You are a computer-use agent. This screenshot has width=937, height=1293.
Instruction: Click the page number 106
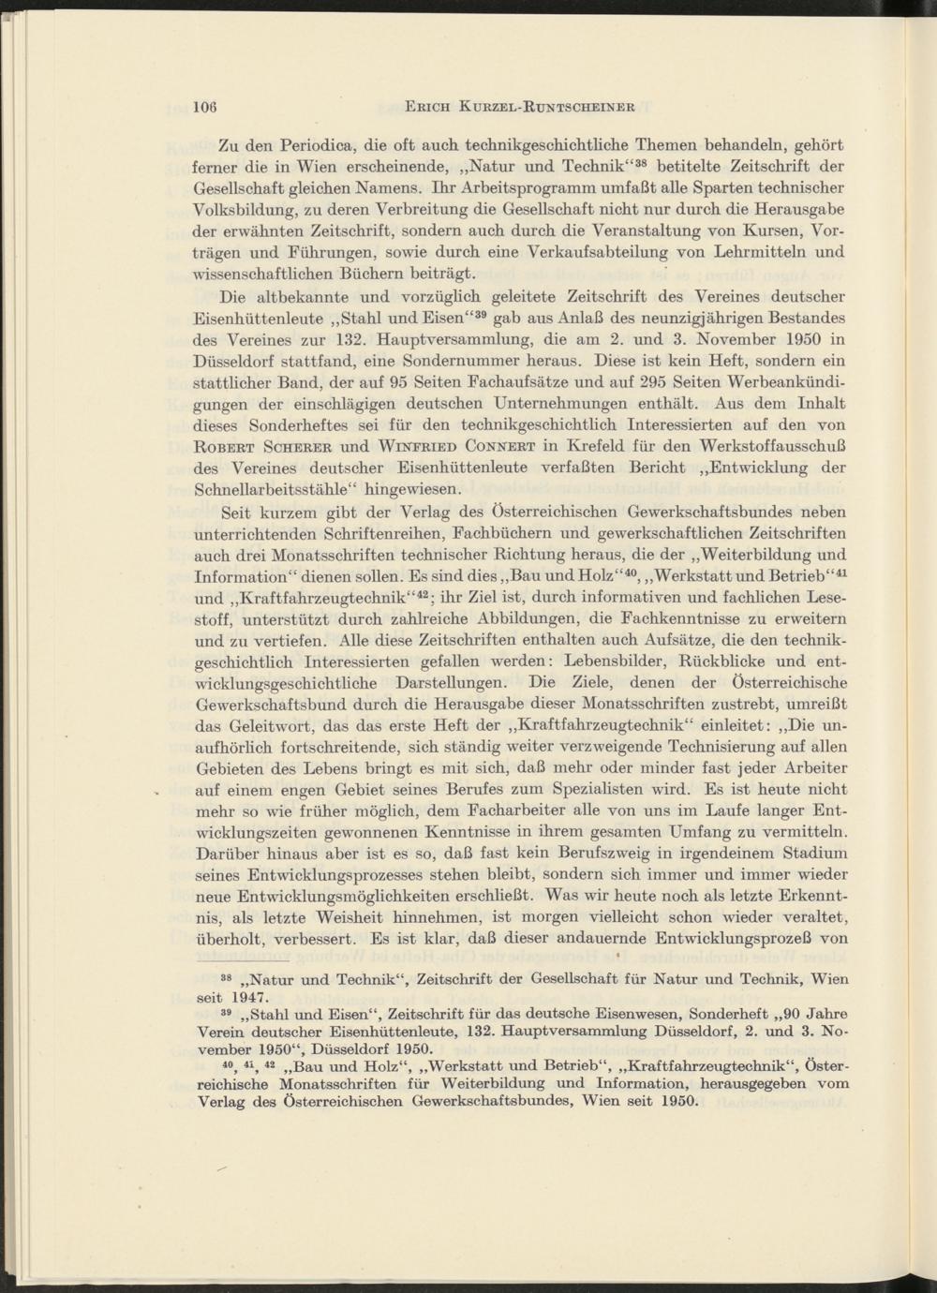(x=205, y=106)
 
